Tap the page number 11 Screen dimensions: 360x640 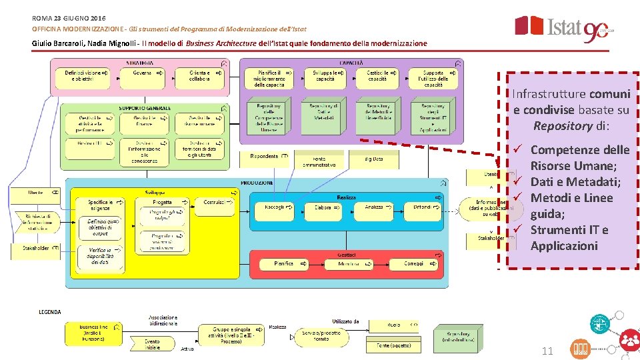(547, 351)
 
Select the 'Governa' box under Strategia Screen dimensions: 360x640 (145, 78)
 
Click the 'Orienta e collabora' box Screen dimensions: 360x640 (199, 78)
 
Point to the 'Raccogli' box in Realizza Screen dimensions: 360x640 (277, 208)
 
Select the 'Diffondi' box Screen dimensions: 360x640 (424, 208)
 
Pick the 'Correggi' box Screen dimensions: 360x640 (416, 264)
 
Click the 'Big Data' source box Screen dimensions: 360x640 (374, 159)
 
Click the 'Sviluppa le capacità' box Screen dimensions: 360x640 (326, 77)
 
